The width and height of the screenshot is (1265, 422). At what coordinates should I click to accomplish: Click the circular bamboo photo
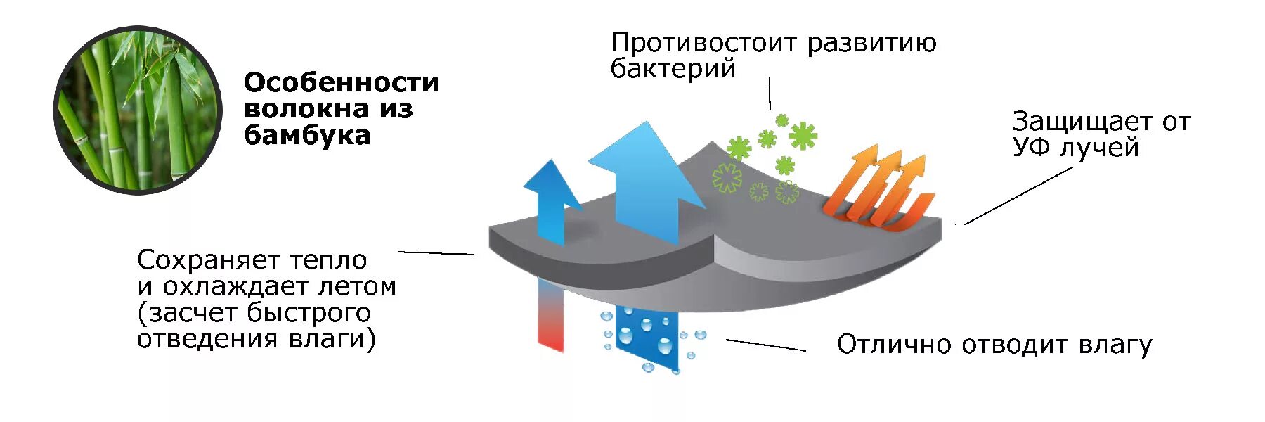click(138, 110)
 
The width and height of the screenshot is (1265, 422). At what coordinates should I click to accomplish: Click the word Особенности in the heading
click(341, 83)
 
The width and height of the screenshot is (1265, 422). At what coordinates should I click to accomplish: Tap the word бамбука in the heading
click(306, 135)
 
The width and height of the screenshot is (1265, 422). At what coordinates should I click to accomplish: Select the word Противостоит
click(703, 44)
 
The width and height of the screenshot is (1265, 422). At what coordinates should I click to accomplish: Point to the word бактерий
click(673, 69)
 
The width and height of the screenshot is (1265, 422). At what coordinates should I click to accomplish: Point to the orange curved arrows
click(878, 188)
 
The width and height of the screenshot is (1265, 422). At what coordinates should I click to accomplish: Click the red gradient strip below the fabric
click(550, 313)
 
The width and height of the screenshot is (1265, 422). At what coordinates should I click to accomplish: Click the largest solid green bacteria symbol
click(802, 136)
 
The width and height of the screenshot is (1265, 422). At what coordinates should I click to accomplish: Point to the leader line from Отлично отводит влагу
click(765, 345)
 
